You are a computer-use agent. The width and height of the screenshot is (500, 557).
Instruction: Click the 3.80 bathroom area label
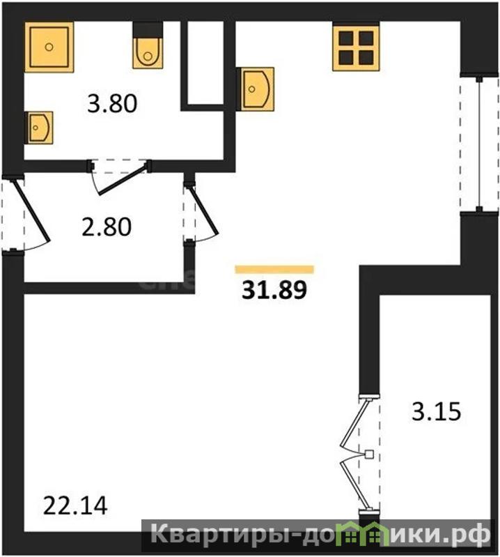pos(112,104)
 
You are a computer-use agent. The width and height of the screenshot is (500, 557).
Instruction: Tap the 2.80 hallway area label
pos(107,227)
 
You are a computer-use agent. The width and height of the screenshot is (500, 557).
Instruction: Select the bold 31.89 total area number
pos(274,289)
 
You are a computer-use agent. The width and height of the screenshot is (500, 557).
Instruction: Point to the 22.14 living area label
pos(75,506)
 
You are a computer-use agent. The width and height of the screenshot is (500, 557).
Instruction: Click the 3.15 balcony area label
pos(436,411)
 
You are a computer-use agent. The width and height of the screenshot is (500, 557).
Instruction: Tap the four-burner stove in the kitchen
pos(356,47)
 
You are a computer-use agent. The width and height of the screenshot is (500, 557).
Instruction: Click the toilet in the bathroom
pos(148,45)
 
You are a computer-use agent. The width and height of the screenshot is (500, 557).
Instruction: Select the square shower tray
pos(49,47)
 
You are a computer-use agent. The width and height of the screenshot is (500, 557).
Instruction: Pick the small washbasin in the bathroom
pos(39,128)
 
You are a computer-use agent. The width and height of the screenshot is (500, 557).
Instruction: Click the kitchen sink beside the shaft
pos(256,89)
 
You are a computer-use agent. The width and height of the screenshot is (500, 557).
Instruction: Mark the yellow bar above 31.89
pos(274,270)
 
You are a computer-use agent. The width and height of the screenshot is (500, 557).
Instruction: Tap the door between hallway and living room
pos(203,210)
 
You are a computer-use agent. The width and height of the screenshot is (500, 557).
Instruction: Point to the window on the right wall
pos(479,144)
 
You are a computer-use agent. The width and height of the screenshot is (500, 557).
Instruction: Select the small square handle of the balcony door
pos(369,454)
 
